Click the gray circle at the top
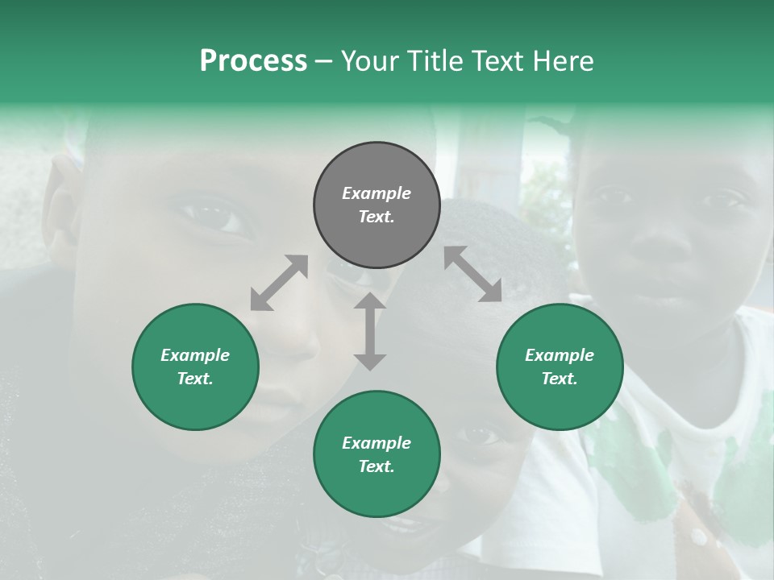coord(377,205)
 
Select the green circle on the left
coord(195,367)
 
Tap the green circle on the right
coord(560,367)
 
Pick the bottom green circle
coord(377,454)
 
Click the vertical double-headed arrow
coord(370,331)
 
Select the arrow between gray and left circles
coord(279,283)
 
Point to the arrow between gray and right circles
coord(473,274)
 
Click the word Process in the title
coord(253,61)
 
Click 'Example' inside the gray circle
coord(377,193)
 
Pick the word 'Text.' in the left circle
coord(195,379)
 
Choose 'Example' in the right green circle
coord(560,355)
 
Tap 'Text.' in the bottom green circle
coord(377,466)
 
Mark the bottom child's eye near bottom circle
coord(481,435)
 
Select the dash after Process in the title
coord(324,61)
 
